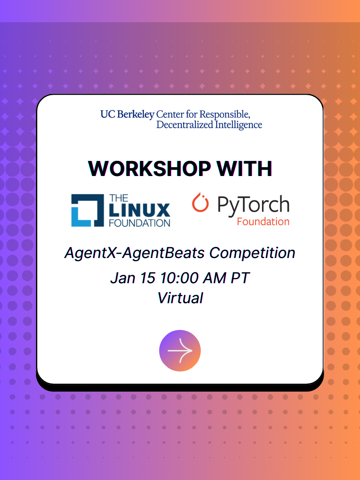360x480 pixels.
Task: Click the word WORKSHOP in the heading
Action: pyautogui.click(x=149, y=168)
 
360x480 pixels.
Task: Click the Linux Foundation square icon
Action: pyautogui.click(x=88, y=210)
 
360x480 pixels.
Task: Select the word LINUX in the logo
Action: pyautogui.click(x=140, y=210)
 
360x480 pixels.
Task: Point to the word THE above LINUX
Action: pyautogui.click(x=119, y=198)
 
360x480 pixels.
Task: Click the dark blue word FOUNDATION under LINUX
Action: pyautogui.click(x=140, y=223)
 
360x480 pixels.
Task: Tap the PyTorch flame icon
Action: pyautogui.click(x=200, y=202)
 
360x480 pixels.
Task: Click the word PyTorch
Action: pyautogui.click(x=253, y=205)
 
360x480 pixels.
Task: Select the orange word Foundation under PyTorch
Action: pyautogui.click(x=263, y=222)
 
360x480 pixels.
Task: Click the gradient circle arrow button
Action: pyautogui.click(x=180, y=350)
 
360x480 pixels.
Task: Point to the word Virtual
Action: pyautogui.click(x=180, y=298)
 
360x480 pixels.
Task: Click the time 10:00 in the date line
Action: pyautogui.click(x=179, y=278)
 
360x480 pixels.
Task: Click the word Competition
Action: pyautogui.click(x=252, y=253)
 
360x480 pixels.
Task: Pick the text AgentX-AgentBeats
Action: pyautogui.click(x=134, y=253)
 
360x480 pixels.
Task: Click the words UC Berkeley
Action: pyautogui.click(x=128, y=114)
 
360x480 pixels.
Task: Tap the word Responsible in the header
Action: pyautogui.click(x=225, y=114)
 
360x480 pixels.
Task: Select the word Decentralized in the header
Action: pyautogui.click(x=185, y=125)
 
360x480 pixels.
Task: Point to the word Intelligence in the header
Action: pyautogui.click(x=238, y=125)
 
